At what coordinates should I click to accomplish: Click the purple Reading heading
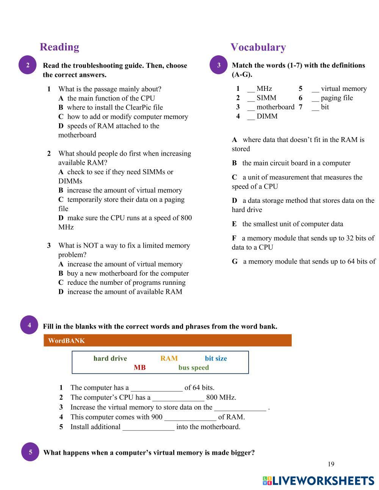(60, 47)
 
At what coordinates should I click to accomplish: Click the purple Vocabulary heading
(258, 47)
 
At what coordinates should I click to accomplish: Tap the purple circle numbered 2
(28, 65)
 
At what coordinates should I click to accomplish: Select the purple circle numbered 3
(219, 65)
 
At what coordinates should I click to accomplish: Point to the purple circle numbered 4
(29, 325)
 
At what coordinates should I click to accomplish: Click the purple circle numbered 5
(30, 452)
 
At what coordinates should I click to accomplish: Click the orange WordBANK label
(66, 340)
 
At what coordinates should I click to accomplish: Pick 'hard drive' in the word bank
(110, 358)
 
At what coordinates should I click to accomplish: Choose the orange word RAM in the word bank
(169, 358)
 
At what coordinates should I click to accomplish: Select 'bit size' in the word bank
(216, 358)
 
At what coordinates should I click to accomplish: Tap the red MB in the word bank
(139, 367)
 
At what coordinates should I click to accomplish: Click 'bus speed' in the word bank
(193, 367)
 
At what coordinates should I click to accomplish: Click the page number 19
(331, 464)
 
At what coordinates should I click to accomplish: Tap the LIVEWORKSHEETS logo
(318, 481)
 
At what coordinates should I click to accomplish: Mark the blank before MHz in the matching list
(251, 89)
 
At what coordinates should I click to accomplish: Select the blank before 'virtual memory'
(315, 89)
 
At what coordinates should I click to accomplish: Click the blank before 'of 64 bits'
(156, 388)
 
